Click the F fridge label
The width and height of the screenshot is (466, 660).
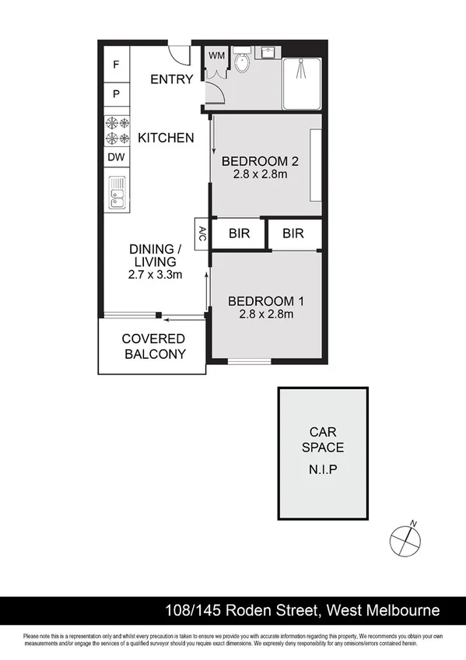coord(116,65)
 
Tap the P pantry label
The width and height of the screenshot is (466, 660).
coord(116,94)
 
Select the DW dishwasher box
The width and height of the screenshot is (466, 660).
coord(116,157)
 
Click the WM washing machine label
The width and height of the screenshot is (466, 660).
coord(215,55)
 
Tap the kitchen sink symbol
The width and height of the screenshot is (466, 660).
coord(117,192)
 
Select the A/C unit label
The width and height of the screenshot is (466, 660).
coord(201,233)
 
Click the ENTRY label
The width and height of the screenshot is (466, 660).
coord(171,79)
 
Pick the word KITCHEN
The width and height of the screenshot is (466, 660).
coord(166,138)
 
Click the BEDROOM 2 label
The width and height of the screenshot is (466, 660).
coord(261,162)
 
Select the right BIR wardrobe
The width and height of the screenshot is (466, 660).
coord(293,233)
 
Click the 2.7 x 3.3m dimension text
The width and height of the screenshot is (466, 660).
coord(155,275)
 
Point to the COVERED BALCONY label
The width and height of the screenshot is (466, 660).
coord(154,346)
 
